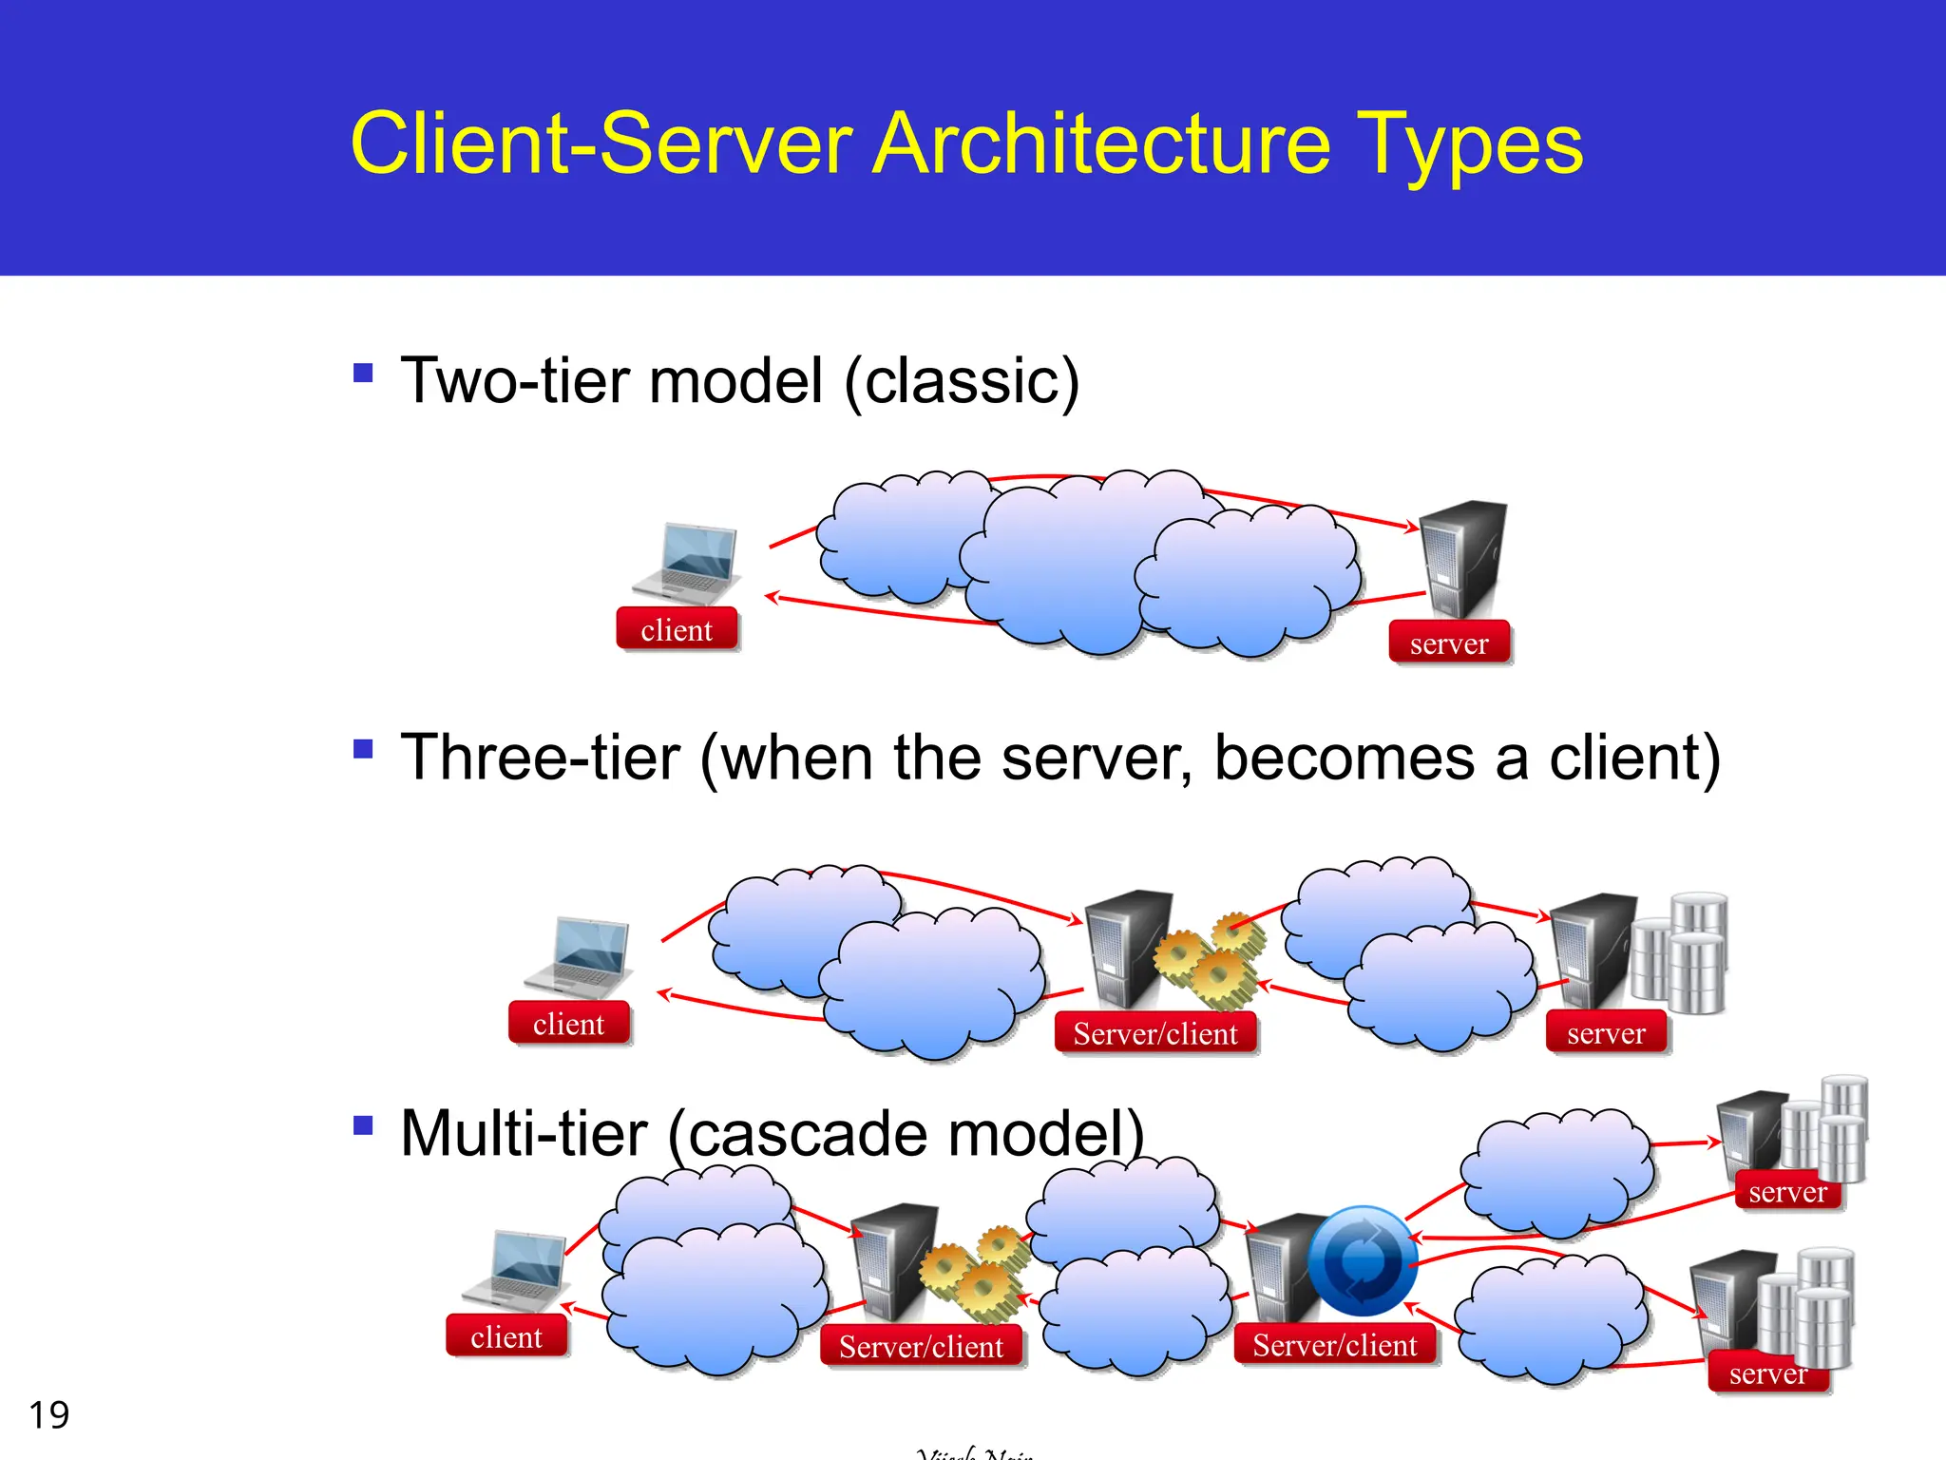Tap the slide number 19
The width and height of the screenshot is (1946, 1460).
pyautogui.click(x=49, y=1414)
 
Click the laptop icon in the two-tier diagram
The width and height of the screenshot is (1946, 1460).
pyautogui.click(x=686, y=563)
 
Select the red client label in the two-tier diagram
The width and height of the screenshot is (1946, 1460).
pyautogui.click(x=677, y=629)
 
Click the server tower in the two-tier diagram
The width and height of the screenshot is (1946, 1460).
pyautogui.click(x=1463, y=559)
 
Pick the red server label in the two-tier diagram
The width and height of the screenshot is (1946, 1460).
pyautogui.click(x=1449, y=644)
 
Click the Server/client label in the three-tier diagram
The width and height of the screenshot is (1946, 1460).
pyautogui.click(x=1155, y=1033)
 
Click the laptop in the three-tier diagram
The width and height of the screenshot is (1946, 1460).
pyautogui.click(x=579, y=957)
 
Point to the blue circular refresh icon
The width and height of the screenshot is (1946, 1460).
pyautogui.click(x=1362, y=1261)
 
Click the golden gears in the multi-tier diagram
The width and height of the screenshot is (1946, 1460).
pyautogui.click(x=977, y=1272)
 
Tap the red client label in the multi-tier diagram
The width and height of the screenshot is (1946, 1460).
pyautogui.click(x=506, y=1336)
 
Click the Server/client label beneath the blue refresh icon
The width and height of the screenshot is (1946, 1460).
pyautogui.click(x=1334, y=1345)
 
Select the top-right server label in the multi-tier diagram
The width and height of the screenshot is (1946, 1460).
pyautogui.click(x=1787, y=1191)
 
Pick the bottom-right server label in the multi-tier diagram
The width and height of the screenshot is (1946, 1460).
pyautogui.click(x=1767, y=1374)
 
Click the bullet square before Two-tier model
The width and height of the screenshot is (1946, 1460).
pyautogui.click(x=363, y=372)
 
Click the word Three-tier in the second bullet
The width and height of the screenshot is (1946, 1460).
pyautogui.click(x=541, y=758)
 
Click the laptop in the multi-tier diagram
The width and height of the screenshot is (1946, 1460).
pyautogui.click(x=516, y=1270)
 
